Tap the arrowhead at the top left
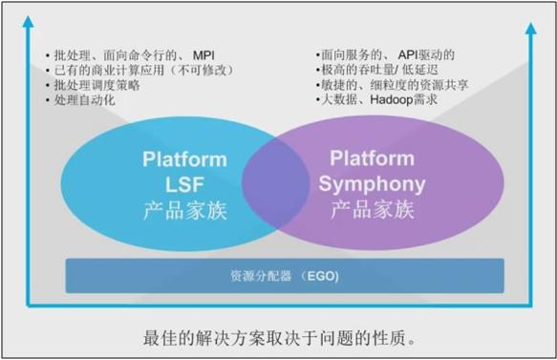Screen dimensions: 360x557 click(30, 20)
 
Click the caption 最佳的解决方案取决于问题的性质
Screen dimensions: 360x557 click(279, 337)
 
